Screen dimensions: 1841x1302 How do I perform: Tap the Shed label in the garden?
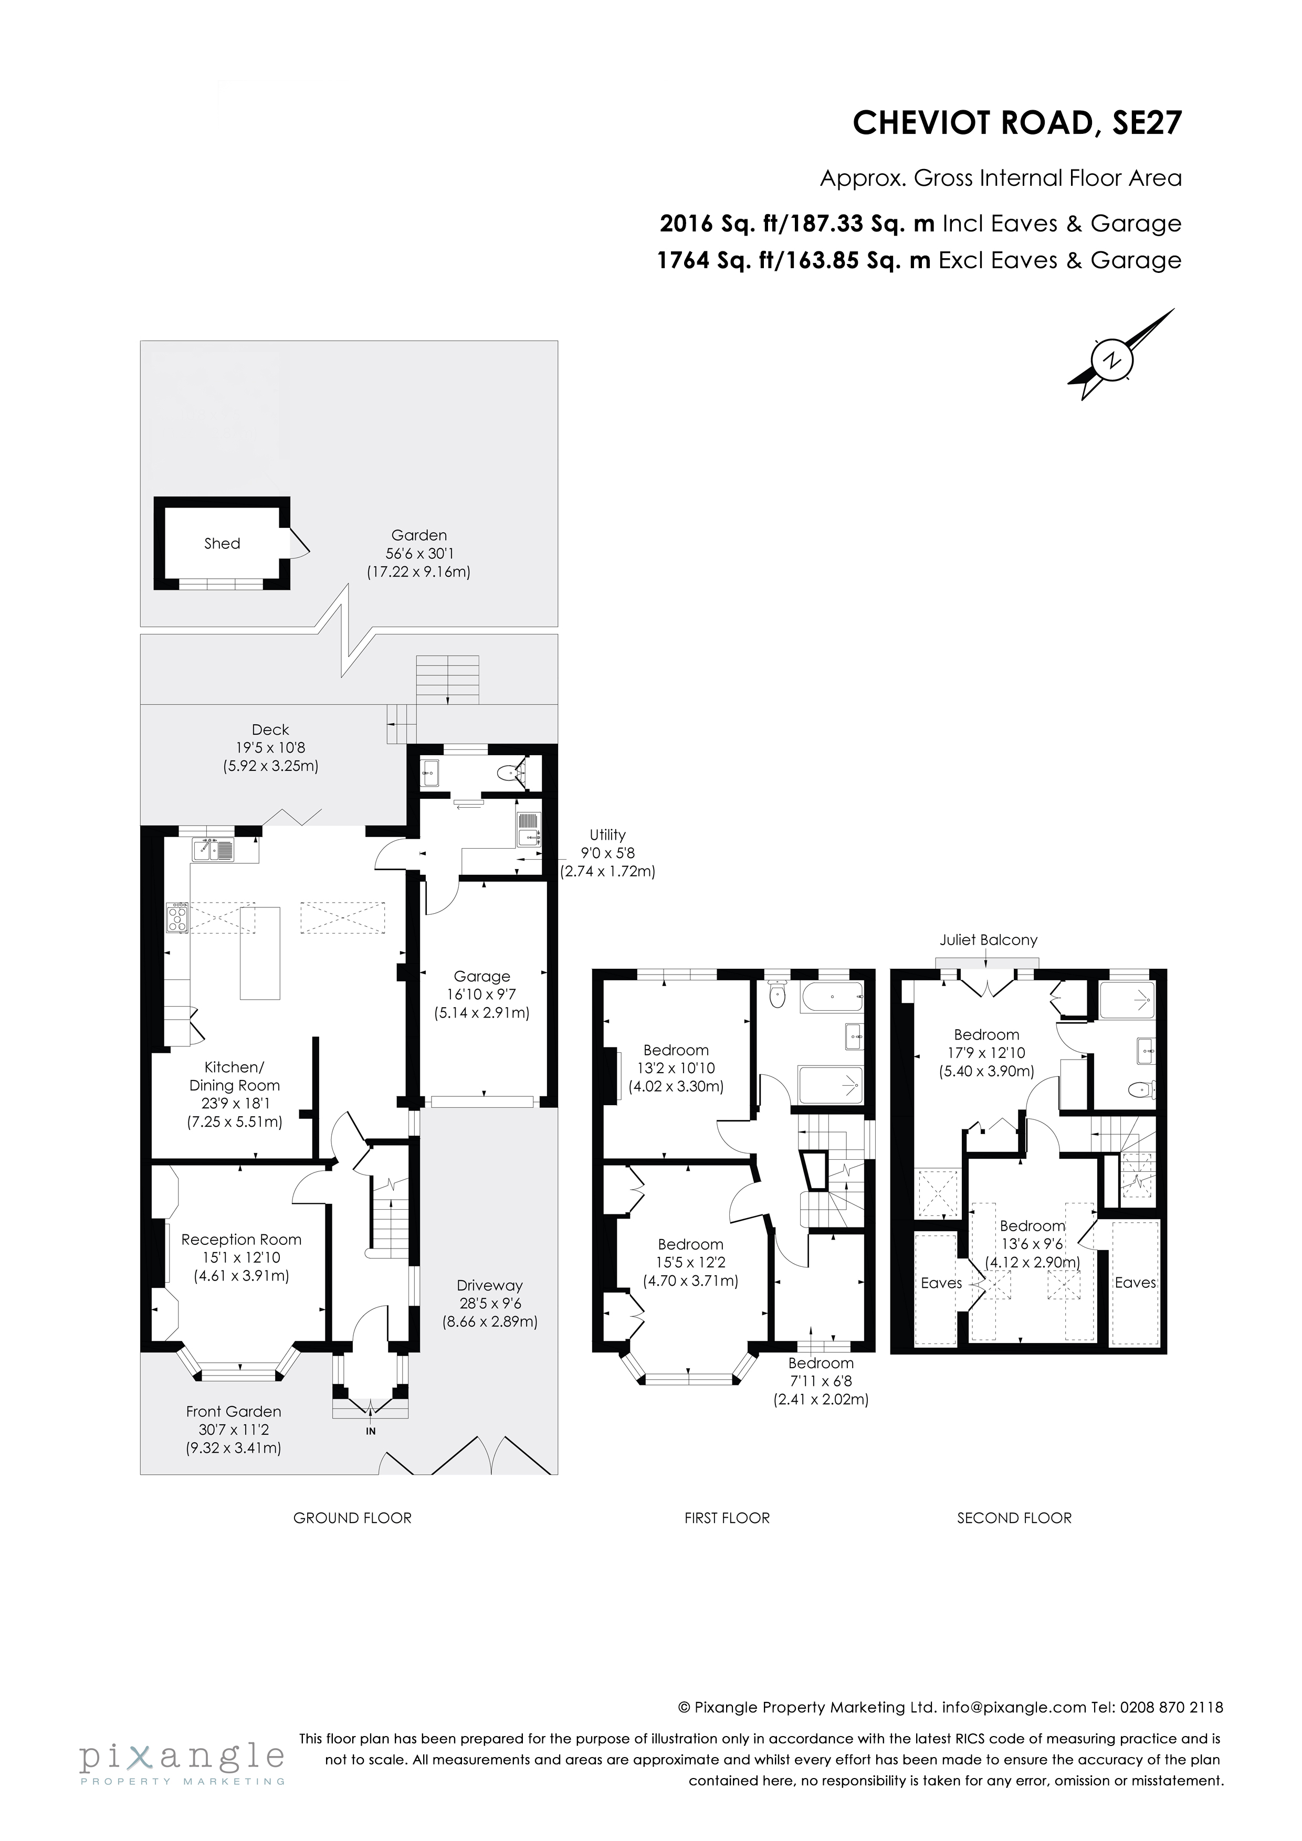222,544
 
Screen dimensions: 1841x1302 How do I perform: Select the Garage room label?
481,977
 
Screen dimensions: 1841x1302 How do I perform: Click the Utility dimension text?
607,853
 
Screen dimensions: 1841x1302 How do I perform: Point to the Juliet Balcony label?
989,940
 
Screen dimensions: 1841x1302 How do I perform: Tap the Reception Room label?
240,1240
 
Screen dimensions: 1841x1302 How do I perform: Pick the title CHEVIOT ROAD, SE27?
1016,123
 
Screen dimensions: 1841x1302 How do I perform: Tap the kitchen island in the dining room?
260,953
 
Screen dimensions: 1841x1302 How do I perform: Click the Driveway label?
489,1285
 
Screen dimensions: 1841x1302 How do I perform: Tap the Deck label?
270,729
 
